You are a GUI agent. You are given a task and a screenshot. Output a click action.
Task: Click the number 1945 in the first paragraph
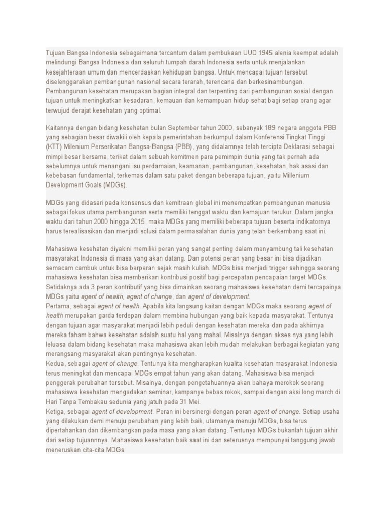point(267,52)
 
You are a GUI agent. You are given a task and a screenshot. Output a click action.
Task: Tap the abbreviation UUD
point(249,52)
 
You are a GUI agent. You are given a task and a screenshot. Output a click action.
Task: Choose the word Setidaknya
point(63,287)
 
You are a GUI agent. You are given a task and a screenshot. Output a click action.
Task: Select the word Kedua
point(56,364)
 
